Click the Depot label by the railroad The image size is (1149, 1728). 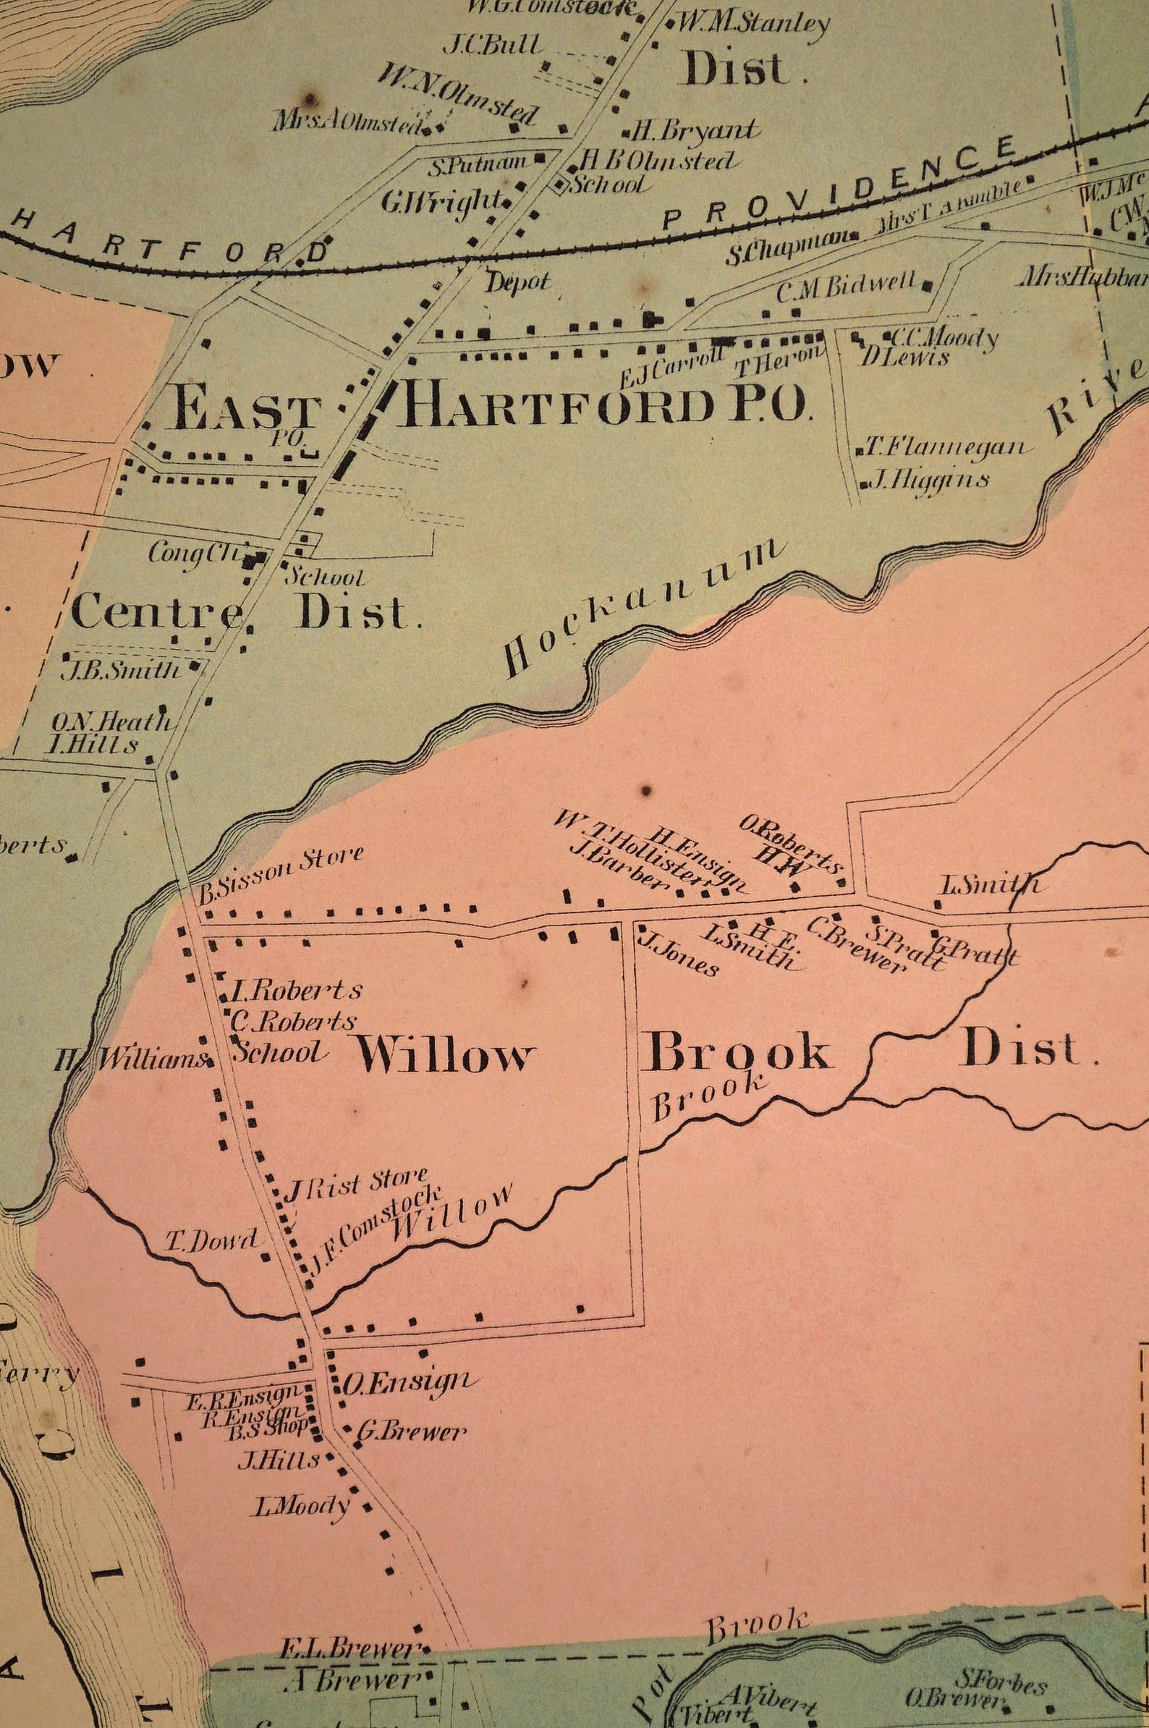pyautogui.click(x=517, y=282)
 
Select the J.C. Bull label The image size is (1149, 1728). pyautogui.click(x=493, y=46)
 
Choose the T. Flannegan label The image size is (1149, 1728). pyautogui.click(x=946, y=446)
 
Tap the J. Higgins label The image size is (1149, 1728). pyautogui.click(x=928, y=480)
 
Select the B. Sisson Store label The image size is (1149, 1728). pyautogui.click(x=281, y=875)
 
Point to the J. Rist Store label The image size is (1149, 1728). pyautogui.click(x=355, y=1186)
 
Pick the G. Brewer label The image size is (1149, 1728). pyautogui.click(x=411, y=1431)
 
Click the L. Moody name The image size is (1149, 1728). pyautogui.click(x=300, y=1506)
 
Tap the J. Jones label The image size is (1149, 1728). pyautogui.click(x=679, y=954)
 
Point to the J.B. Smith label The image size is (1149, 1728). pyautogui.click(x=120, y=670)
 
